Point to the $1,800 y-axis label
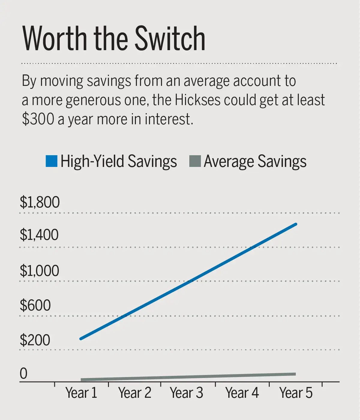tap(40, 202)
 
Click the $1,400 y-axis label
tap(39, 235)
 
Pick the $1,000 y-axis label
tap(39, 271)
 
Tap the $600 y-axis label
tap(35, 305)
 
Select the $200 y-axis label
tap(35, 340)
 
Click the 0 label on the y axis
tap(23, 374)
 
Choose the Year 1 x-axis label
tap(81, 393)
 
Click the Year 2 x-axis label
tap(135, 393)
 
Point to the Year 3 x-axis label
tap(187, 393)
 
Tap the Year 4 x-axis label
tap(242, 393)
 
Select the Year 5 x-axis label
tap(296, 393)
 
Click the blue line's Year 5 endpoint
tap(296, 224)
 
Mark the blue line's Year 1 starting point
tap(81, 339)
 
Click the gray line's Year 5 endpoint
tap(295, 374)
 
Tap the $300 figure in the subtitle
tap(38, 119)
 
